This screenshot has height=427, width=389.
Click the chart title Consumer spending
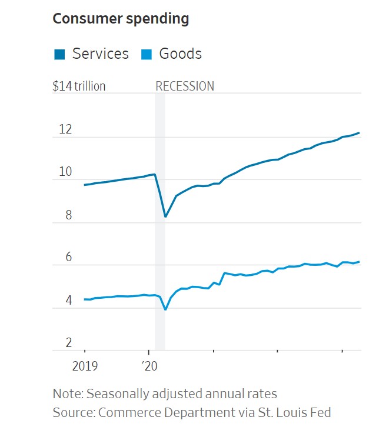click(121, 18)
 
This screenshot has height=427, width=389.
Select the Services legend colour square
click(59, 55)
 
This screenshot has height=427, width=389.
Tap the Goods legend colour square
click(148, 55)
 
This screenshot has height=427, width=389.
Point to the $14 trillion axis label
click(79, 86)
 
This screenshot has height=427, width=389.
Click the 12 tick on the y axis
click(65, 129)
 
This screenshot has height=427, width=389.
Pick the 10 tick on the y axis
click(65, 172)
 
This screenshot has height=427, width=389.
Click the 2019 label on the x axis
click(85, 366)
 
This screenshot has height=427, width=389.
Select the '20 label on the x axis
click(149, 366)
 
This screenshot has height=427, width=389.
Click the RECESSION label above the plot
click(185, 86)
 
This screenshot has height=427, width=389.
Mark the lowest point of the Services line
click(165, 216)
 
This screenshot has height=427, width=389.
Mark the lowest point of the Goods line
click(165, 309)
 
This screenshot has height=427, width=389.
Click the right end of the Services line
click(359, 133)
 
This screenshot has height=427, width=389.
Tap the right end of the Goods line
click(359, 262)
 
